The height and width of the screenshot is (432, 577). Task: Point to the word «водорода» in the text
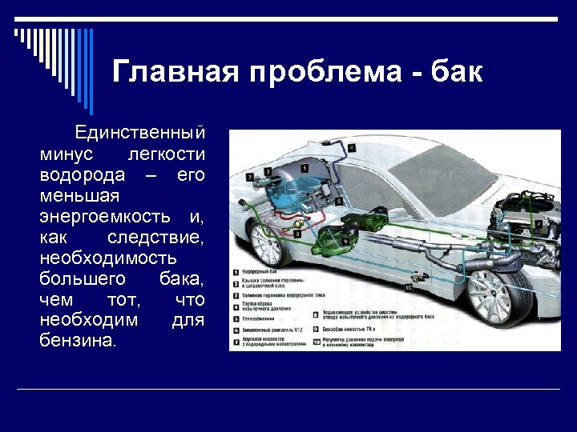(x=82, y=174)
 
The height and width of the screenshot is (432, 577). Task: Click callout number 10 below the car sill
(x=408, y=286)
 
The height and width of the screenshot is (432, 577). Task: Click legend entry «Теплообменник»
(x=261, y=318)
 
